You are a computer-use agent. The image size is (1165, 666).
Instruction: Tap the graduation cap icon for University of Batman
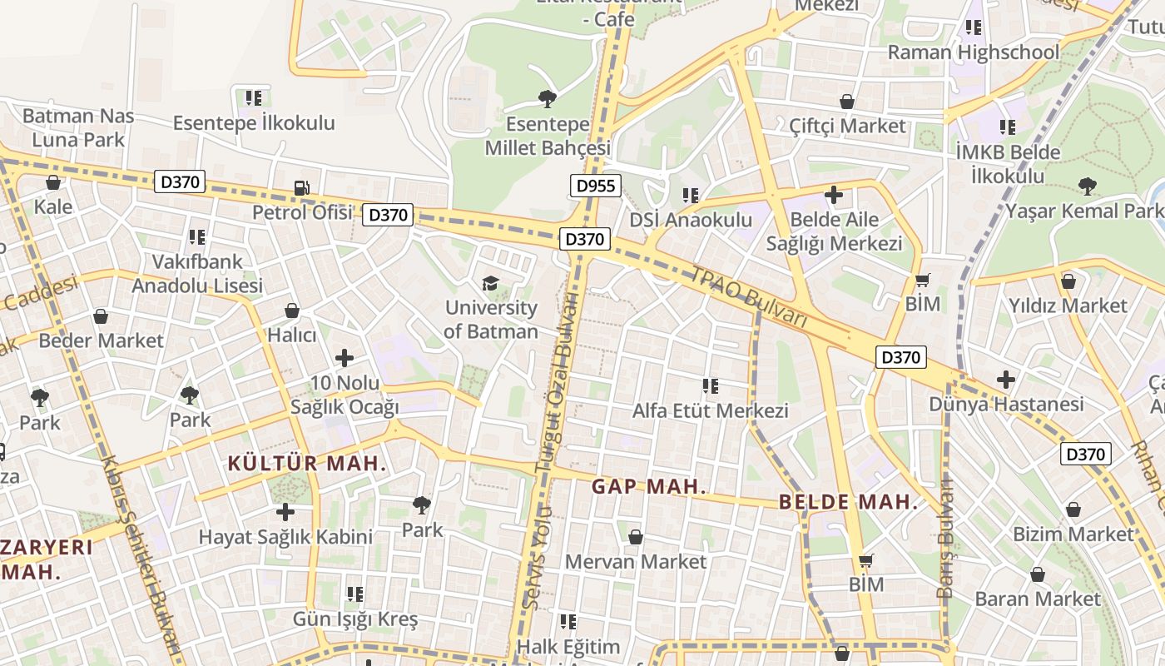pyautogui.click(x=491, y=284)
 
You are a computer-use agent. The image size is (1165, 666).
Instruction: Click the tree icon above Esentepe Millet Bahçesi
pyautogui.click(x=547, y=100)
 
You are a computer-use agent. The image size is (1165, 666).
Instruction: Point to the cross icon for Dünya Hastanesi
pyautogui.click(x=1005, y=380)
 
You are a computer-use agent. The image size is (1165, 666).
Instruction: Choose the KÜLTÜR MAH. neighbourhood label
pyautogui.click(x=307, y=464)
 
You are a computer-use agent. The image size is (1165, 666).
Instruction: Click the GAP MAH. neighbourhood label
pyautogui.click(x=648, y=487)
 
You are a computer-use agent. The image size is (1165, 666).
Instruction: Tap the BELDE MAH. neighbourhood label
pyautogui.click(x=848, y=502)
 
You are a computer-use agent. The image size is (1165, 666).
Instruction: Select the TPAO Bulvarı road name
pyautogui.click(x=749, y=296)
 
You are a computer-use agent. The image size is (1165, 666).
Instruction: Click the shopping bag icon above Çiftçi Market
pyautogui.click(x=847, y=102)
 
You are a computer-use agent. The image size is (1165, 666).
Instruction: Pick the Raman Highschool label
pyautogui.click(x=973, y=52)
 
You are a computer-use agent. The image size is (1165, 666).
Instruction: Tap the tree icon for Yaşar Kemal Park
pyautogui.click(x=1086, y=186)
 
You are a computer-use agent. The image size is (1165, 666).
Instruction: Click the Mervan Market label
pyautogui.click(x=635, y=562)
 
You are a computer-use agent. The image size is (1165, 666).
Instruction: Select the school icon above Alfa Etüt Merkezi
pyautogui.click(x=710, y=385)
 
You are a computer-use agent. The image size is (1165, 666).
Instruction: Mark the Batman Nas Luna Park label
pyautogui.click(x=78, y=127)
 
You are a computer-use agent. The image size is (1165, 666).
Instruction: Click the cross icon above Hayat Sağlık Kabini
pyautogui.click(x=285, y=511)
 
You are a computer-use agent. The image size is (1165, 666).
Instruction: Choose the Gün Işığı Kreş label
pyautogui.click(x=354, y=619)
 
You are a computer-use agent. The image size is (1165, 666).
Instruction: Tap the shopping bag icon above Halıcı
pyautogui.click(x=292, y=311)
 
